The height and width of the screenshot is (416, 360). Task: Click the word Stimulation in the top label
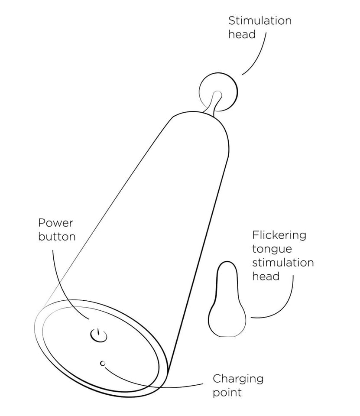pyautogui.click(x=260, y=21)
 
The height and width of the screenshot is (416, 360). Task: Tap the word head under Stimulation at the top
pyautogui.click(x=242, y=35)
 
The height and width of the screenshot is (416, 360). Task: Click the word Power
pyautogui.click(x=55, y=223)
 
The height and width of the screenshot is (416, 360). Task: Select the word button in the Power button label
pyautogui.click(x=57, y=237)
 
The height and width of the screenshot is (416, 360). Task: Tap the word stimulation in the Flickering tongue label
pyautogui.click(x=283, y=263)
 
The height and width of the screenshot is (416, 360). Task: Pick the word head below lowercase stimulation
pyautogui.click(x=266, y=276)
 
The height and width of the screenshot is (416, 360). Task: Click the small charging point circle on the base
pyautogui.click(x=103, y=363)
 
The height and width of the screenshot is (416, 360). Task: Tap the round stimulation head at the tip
pyautogui.click(x=218, y=92)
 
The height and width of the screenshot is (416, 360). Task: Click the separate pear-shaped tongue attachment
pyautogui.click(x=227, y=299)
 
